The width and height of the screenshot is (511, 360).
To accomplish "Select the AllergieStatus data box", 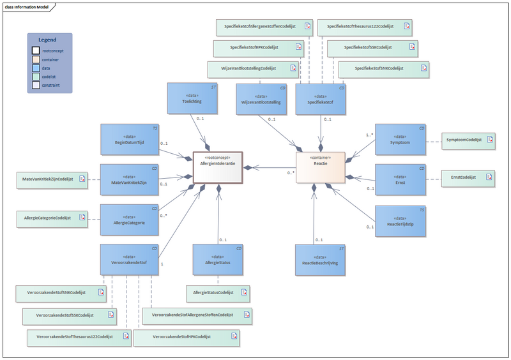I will pos(218,260).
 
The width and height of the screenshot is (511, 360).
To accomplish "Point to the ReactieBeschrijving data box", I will pos(321,260).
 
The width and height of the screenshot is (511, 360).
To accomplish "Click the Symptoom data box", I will pos(400,141).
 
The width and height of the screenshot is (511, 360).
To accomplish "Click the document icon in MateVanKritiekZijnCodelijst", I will pos(82,180).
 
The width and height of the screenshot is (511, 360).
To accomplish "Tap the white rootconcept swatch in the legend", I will pos(36,50).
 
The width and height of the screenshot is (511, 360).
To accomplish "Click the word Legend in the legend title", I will pos(47,40).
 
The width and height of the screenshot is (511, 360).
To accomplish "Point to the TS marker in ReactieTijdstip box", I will pos(422,209).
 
